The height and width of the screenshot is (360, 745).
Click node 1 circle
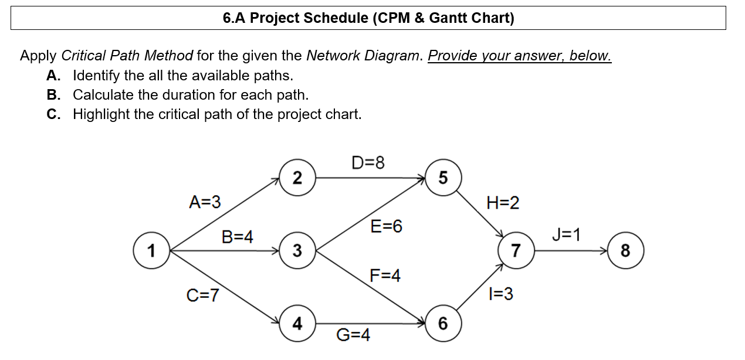pos(152,251)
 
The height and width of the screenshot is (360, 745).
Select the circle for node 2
pos(297,178)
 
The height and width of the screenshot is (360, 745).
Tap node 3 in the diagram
pos(297,251)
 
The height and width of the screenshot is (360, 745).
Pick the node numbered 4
pos(297,323)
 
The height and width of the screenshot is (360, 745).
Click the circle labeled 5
pos(443,178)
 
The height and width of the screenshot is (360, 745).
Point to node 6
pos(443,323)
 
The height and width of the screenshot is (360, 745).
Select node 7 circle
pos(516,251)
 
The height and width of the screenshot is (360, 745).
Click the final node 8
pos(625,251)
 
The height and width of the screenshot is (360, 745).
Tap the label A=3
pos(205,202)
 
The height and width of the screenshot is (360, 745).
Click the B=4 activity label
pos(237,237)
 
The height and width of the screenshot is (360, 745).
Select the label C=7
pos(202,295)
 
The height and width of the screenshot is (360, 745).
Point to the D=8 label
pos(368,162)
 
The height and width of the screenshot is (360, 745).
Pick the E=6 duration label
pos(386,226)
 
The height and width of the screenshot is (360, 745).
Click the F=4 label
pos(385,275)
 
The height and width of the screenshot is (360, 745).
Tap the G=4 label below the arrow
pos(353,335)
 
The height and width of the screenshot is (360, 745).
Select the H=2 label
pos(503,203)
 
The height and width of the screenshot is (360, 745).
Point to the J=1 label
pos(566,235)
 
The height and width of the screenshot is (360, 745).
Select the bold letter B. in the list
pos(54,94)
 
